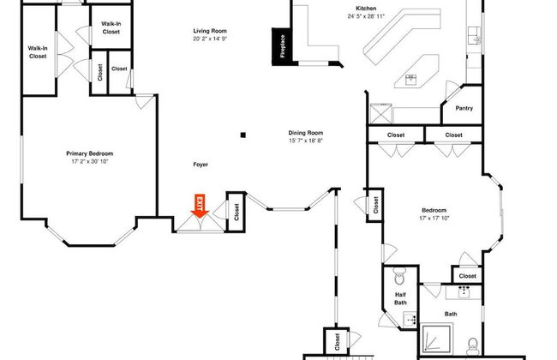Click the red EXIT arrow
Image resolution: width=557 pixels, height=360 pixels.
(200, 206)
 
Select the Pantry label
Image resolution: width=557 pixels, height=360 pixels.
(464, 108)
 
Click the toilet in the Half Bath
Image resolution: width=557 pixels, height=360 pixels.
(399, 276)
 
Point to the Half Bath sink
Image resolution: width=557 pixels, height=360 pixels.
(410, 320)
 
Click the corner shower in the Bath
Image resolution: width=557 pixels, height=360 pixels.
(436, 339)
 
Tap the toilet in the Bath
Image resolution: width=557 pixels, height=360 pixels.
(472, 346)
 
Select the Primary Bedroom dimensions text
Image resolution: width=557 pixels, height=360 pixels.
(89, 162)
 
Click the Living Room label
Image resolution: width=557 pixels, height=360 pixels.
(210, 31)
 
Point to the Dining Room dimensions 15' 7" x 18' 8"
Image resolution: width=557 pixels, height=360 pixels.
(306, 141)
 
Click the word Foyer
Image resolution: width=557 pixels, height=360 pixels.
(201, 165)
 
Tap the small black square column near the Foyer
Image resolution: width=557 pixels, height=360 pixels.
(243, 135)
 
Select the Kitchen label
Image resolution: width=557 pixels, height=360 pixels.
(366, 9)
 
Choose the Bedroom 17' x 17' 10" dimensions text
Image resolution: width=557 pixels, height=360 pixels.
(434, 218)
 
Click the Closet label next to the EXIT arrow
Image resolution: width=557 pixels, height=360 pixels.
(237, 213)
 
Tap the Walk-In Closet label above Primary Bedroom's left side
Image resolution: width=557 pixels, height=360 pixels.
(38, 52)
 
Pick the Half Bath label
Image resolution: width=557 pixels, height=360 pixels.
(400, 298)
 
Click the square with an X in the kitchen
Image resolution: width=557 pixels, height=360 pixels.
(380, 113)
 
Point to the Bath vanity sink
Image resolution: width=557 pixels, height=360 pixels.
(464, 291)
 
